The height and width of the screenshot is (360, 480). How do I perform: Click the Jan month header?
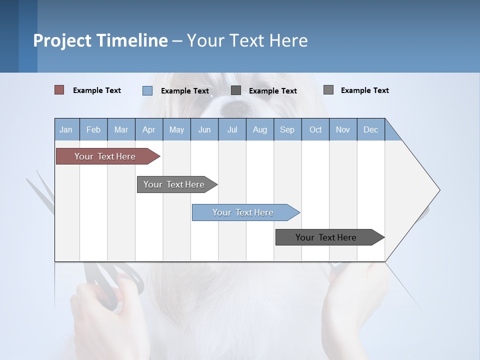(66, 129)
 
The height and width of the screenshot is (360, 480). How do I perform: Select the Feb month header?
(93, 129)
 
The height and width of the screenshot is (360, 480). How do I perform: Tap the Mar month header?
(121, 129)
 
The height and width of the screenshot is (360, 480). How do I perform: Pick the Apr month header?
(148, 129)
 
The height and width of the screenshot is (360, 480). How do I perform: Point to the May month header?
(176, 129)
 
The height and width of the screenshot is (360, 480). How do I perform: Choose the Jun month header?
(204, 129)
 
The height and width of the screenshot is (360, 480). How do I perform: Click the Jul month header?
(232, 129)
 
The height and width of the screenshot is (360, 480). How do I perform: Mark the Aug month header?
(259, 129)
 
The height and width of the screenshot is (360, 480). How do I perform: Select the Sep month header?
(287, 129)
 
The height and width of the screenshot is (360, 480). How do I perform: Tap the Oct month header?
(315, 129)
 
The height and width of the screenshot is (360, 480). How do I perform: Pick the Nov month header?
(343, 129)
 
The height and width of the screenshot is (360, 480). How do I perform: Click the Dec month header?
(370, 129)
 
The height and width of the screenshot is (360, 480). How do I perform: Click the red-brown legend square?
(59, 90)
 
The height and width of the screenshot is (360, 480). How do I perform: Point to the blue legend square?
(147, 90)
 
